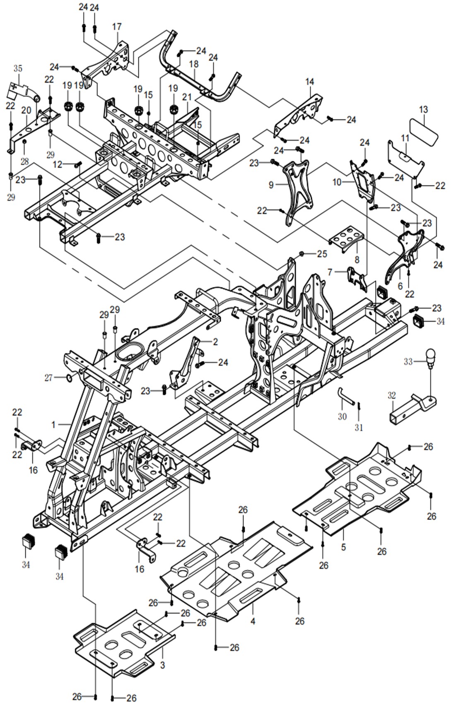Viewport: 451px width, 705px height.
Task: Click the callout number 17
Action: pyautogui.click(x=117, y=27)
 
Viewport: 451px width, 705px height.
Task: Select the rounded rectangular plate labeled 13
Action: pyautogui.click(x=423, y=131)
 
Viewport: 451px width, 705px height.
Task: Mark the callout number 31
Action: pyautogui.click(x=359, y=427)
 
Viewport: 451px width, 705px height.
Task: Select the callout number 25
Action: pyautogui.click(x=322, y=254)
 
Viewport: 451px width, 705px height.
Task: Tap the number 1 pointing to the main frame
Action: pyautogui.click(x=53, y=425)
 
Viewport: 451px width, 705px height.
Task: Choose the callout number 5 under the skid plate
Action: pyautogui.click(x=343, y=547)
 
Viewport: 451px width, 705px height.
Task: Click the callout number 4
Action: pyautogui.click(x=253, y=621)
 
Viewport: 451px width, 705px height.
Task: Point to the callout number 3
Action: pyautogui.click(x=162, y=665)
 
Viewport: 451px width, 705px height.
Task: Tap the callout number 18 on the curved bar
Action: pyautogui.click(x=194, y=64)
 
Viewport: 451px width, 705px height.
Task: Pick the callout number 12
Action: pyautogui.click(x=58, y=164)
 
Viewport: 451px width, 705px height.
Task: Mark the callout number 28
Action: pyautogui.click(x=25, y=161)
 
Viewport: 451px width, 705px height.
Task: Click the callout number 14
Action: pyautogui.click(x=310, y=82)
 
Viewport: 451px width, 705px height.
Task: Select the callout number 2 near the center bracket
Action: pyautogui.click(x=215, y=342)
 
